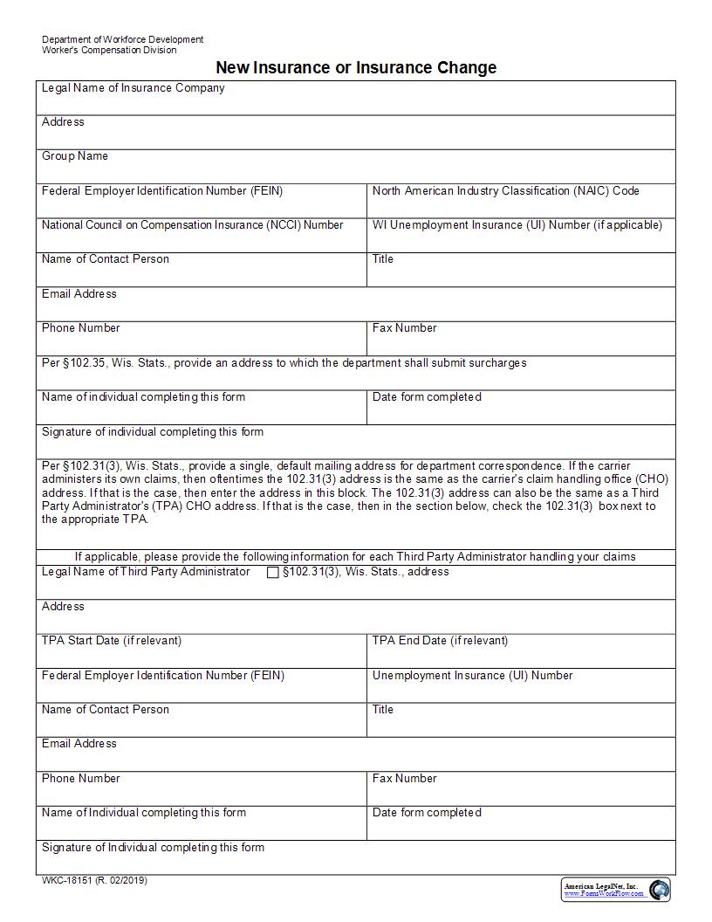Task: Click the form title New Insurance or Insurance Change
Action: [x=356, y=67]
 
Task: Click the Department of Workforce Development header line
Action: [x=122, y=39]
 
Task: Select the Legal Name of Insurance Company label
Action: [x=133, y=88]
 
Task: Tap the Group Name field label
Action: [x=75, y=156]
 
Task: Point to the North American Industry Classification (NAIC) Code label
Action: [x=505, y=190]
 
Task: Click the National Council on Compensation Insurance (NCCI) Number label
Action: [x=192, y=225]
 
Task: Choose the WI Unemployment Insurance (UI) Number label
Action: [x=517, y=225]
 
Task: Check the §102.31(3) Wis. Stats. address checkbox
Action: [x=273, y=573]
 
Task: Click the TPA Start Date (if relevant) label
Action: [x=112, y=641]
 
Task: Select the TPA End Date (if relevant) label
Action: [x=440, y=641]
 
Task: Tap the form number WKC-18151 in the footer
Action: [x=94, y=880]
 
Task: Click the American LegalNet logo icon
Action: [x=660, y=889]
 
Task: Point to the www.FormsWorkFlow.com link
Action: [x=604, y=894]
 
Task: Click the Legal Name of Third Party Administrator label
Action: [x=146, y=572]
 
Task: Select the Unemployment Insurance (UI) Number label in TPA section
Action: [x=472, y=676]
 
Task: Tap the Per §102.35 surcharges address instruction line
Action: [x=284, y=362]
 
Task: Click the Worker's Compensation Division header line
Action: [x=109, y=50]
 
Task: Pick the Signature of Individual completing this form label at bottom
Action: [x=153, y=848]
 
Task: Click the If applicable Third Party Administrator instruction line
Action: [x=355, y=556]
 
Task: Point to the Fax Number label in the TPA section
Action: [x=404, y=779]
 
